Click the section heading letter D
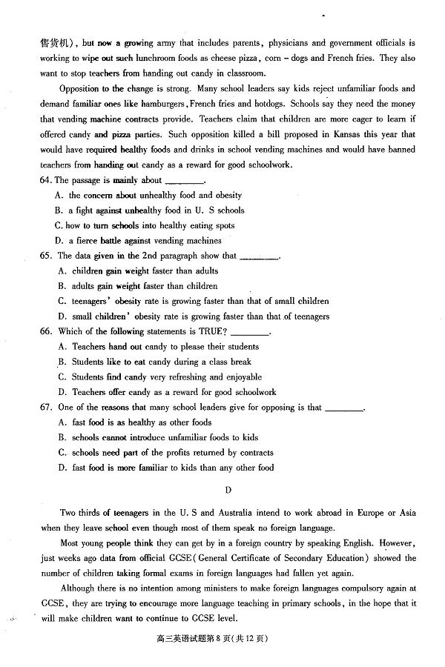click(x=228, y=489)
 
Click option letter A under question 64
click(x=59, y=195)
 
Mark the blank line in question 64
click(x=184, y=182)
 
